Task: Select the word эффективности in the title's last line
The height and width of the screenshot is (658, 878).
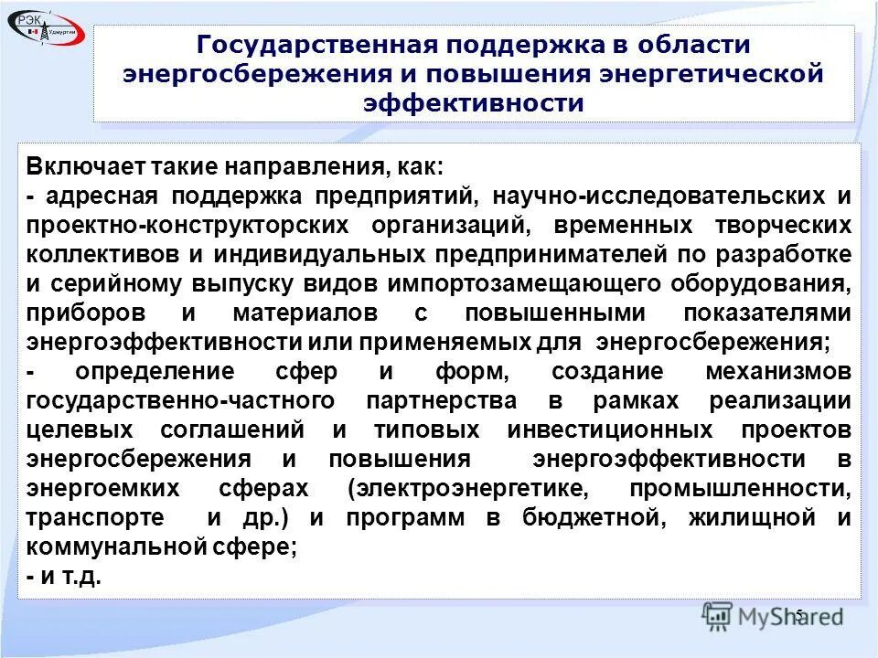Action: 473,102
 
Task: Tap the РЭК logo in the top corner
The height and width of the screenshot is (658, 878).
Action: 46,28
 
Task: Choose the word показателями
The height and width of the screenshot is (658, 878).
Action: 767,313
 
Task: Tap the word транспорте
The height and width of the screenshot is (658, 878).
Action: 95,518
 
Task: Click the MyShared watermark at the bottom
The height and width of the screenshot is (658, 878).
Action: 773,617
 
